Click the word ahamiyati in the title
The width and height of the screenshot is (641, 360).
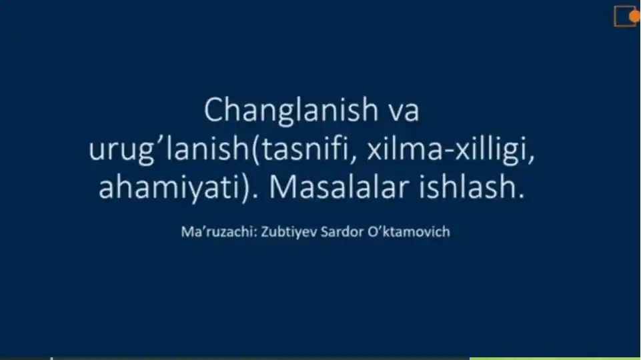click(171, 189)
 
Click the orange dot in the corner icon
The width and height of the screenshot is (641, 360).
click(635, 15)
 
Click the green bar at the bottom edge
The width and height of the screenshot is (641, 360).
click(554, 358)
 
